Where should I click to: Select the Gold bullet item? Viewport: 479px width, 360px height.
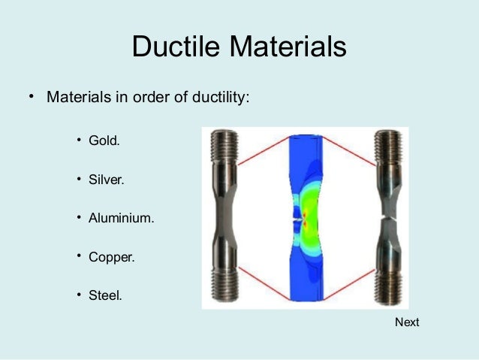[x=104, y=141]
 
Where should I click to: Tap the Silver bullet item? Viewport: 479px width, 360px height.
[x=106, y=180]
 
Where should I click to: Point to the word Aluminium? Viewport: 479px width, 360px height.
[x=121, y=218]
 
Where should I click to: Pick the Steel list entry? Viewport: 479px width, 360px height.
[x=105, y=295]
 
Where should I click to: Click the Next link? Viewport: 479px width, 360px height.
[x=407, y=322]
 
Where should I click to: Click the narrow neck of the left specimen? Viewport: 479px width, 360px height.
[x=224, y=219]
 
